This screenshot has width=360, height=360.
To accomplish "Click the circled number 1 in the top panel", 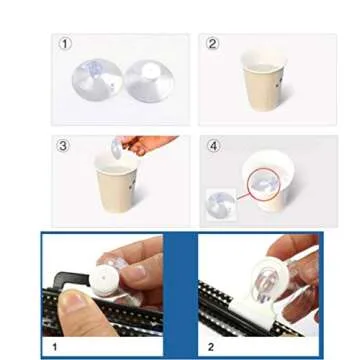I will point(66,43).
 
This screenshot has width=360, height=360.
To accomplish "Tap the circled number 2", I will point(212,43).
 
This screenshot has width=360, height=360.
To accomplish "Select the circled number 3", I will point(66,146).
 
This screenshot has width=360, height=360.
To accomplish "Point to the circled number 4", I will point(213,146).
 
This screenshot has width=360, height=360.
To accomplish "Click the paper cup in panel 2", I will point(264,82).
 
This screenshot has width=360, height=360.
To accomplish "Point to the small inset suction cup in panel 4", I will point(219,204).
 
